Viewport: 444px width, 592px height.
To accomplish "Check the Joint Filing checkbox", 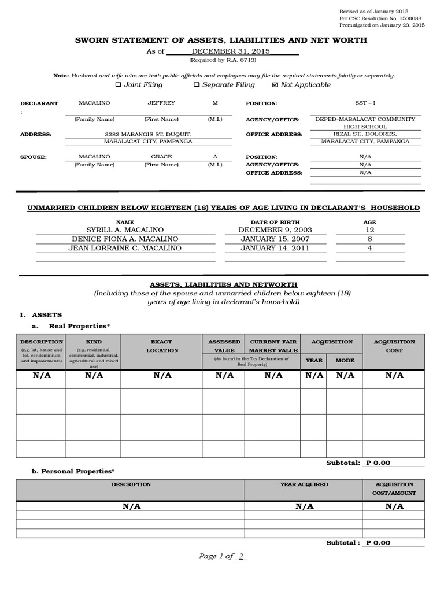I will point(119,85).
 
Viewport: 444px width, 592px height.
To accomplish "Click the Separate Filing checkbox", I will point(197,85).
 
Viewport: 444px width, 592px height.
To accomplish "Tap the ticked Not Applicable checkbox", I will point(275,85).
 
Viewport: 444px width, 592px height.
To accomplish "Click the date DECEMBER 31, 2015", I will point(223,51).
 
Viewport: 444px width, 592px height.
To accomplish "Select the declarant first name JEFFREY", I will point(161,103).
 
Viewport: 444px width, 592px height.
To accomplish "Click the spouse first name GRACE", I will point(161,157).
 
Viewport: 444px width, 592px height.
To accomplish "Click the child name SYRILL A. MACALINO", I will point(125,230).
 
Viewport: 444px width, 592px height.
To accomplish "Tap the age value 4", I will point(369,248).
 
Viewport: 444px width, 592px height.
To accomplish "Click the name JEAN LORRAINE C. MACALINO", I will point(125,248).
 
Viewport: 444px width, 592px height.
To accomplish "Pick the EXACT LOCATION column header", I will point(162,346).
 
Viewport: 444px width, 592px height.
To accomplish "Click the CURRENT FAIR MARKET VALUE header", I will point(273,346).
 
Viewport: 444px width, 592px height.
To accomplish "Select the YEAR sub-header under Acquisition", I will point(314,360).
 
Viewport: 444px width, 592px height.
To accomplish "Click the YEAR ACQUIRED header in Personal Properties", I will point(304,484).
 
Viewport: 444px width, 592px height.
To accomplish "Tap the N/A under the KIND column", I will point(94,375).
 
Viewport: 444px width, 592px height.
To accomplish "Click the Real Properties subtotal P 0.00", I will point(378,462).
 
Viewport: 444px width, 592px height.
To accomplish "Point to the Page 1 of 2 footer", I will point(223,556).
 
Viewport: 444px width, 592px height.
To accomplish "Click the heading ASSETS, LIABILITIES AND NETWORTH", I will point(224,284).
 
